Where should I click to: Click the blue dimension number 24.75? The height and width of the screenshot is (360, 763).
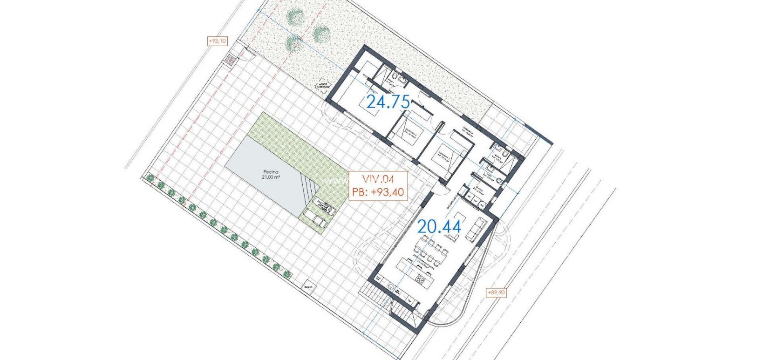[x=388, y=102]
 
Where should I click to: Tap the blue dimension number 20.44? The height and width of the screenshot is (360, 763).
[x=439, y=227]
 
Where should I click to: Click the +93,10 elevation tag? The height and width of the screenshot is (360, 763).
[x=217, y=41]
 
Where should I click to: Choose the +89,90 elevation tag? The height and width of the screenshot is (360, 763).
[x=496, y=292]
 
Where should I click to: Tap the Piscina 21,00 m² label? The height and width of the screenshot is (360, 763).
[x=271, y=174]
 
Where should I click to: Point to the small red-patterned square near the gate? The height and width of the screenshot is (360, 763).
[x=230, y=60]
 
